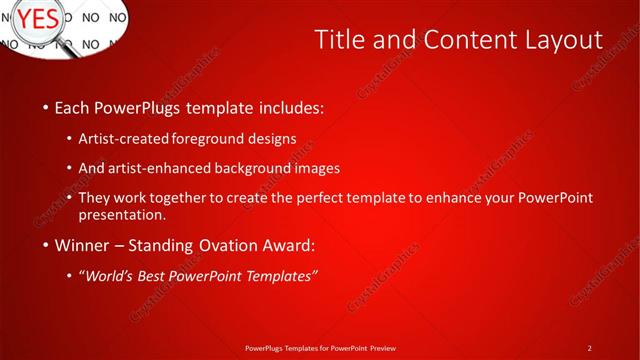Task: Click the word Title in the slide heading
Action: tap(340, 39)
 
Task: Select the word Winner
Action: tap(84, 244)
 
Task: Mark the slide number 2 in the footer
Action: tap(589, 348)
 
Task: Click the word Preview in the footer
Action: tap(381, 348)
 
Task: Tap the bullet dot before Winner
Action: tap(45, 245)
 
